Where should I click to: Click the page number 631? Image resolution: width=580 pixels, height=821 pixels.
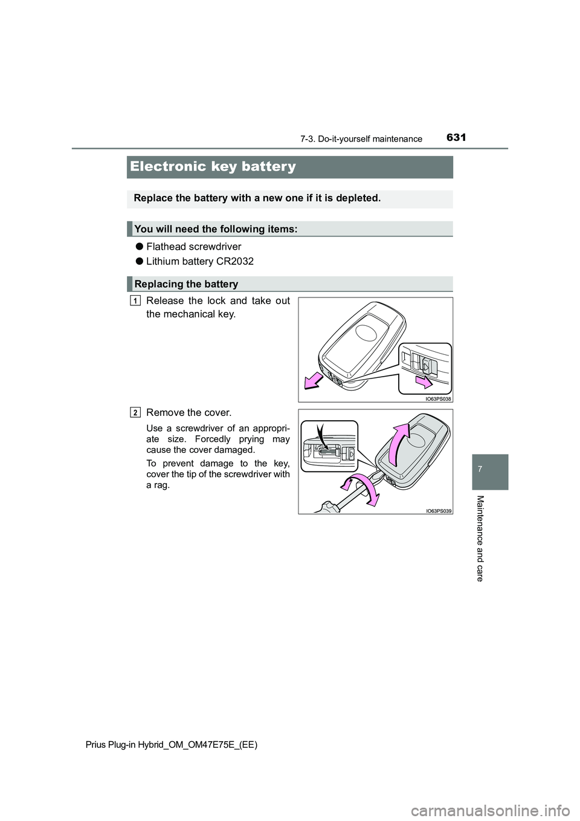(x=456, y=137)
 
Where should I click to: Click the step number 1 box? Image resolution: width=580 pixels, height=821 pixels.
(x=135, y=301)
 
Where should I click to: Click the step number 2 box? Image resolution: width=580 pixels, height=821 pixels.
(x=135, y=413)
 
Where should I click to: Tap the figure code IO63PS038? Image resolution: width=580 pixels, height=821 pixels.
(x=438, y=399)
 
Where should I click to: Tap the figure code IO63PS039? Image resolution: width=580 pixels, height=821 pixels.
(x=438, y=511)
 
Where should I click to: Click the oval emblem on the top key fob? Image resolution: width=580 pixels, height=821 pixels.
(x=366, y=333)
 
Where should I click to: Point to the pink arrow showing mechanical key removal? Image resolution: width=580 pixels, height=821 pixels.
(x=314, y=381)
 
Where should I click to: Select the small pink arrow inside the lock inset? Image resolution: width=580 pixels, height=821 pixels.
(x=424, y=381)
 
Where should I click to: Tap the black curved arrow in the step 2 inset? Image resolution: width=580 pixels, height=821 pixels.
(x=320, y=436)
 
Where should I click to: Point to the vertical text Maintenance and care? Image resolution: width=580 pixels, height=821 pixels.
(x=480, y=538)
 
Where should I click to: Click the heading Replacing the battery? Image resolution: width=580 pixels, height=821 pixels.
(x=186, y=284)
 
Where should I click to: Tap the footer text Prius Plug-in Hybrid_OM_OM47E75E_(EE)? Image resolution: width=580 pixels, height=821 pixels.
(x=172, y=745)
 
